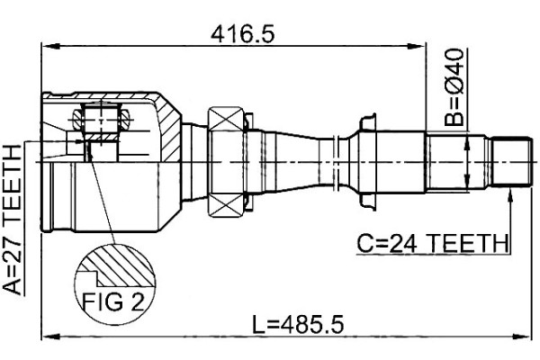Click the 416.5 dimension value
pyautogui.click(x=243, y=34)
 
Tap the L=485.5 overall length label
pyautogui.click(x=298, y=325)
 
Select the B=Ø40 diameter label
pyautogui.click(x=454, y=87)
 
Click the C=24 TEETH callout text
pyautogui.click(x=433, y=243)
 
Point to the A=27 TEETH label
pyautogui.click(x=13, y=220)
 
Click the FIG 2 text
pyautogui.click(x=113, y=302)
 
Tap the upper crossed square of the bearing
pyautogui.click(x=226, y=119)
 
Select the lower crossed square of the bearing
pyautogui.click(x=226, y=205)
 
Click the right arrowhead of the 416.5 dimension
pyautogui.click(x=417, y=46)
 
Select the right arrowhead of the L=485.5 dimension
pyautogui.click(x=522, y=336)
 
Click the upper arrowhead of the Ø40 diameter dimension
pyautogui.click(x=467, y=142)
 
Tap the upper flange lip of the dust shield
pyautogui.click(x=368, y=121)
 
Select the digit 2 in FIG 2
pyautogui.click(x=137, y=302)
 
